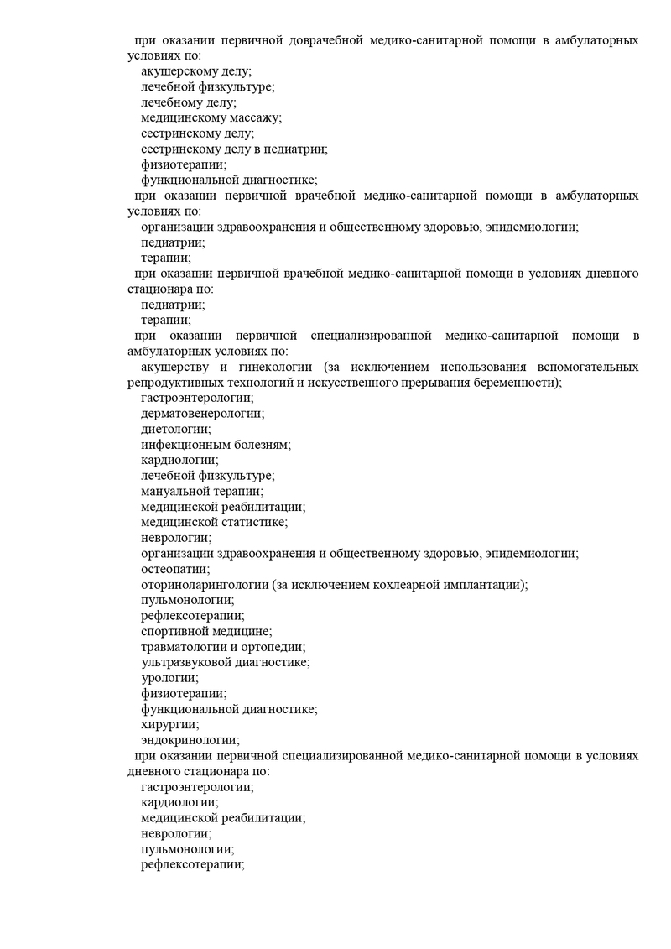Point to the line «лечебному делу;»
(x=189, y=102)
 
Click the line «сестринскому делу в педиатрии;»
(x=234, y=149)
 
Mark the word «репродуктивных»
(x=164, y=383)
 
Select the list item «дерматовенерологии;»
(x=202, y=413)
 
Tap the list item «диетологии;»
(x=175, y=429)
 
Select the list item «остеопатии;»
(x=175, y=569)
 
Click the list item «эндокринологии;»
(x=190, y=740)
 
